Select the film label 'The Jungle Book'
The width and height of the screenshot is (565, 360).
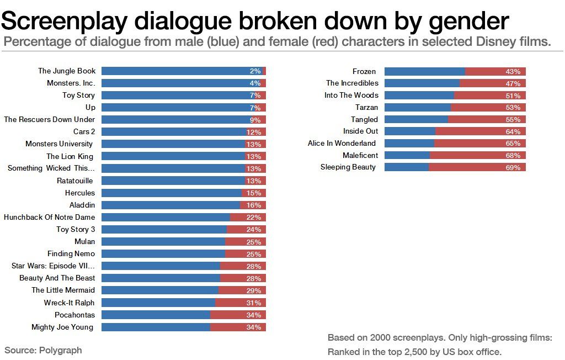(67, 71)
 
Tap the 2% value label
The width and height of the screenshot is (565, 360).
(255, 71)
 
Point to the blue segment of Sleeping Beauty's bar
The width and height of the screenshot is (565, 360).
(407, 167)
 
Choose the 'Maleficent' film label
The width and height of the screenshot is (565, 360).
(360, 155)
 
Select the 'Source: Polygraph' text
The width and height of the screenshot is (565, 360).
(43, 350)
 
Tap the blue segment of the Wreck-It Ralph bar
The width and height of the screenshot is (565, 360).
(158, 303)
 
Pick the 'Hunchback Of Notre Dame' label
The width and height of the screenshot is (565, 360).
(49, 217)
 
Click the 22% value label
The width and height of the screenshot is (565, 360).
(254, 218)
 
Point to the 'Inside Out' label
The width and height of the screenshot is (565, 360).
(361, 131)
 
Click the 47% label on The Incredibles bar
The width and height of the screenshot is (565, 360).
(513, 84)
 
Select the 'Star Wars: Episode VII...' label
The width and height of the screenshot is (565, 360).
(53, 266)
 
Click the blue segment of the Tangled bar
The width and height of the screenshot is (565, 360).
(416, 119)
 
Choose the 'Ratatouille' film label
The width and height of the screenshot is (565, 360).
(76, 181)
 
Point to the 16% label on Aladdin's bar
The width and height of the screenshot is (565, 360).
(254, 205)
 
